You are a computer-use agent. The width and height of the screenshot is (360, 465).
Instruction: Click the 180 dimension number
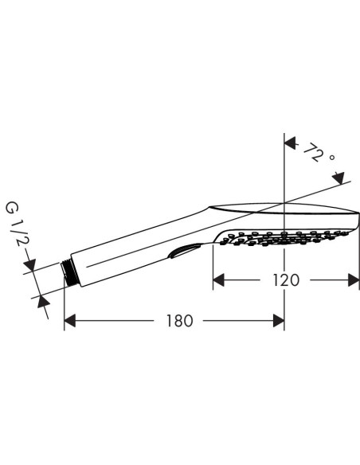pyautogui.click(x=180, y=321)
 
